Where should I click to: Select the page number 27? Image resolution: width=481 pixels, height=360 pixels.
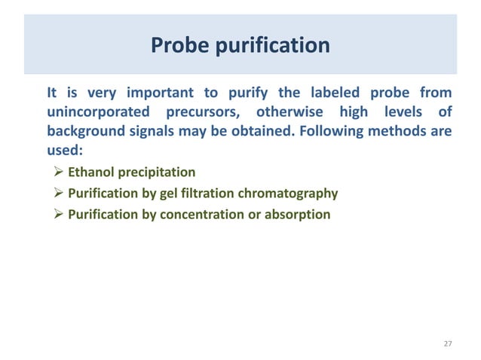(447, 343)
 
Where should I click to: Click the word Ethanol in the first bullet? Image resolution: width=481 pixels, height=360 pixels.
(91, 172)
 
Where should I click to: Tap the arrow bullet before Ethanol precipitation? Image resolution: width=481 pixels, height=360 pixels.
(58, 172)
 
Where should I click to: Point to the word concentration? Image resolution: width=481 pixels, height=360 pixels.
(202, 214)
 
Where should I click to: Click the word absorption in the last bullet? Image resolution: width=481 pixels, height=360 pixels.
(296, 214)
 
